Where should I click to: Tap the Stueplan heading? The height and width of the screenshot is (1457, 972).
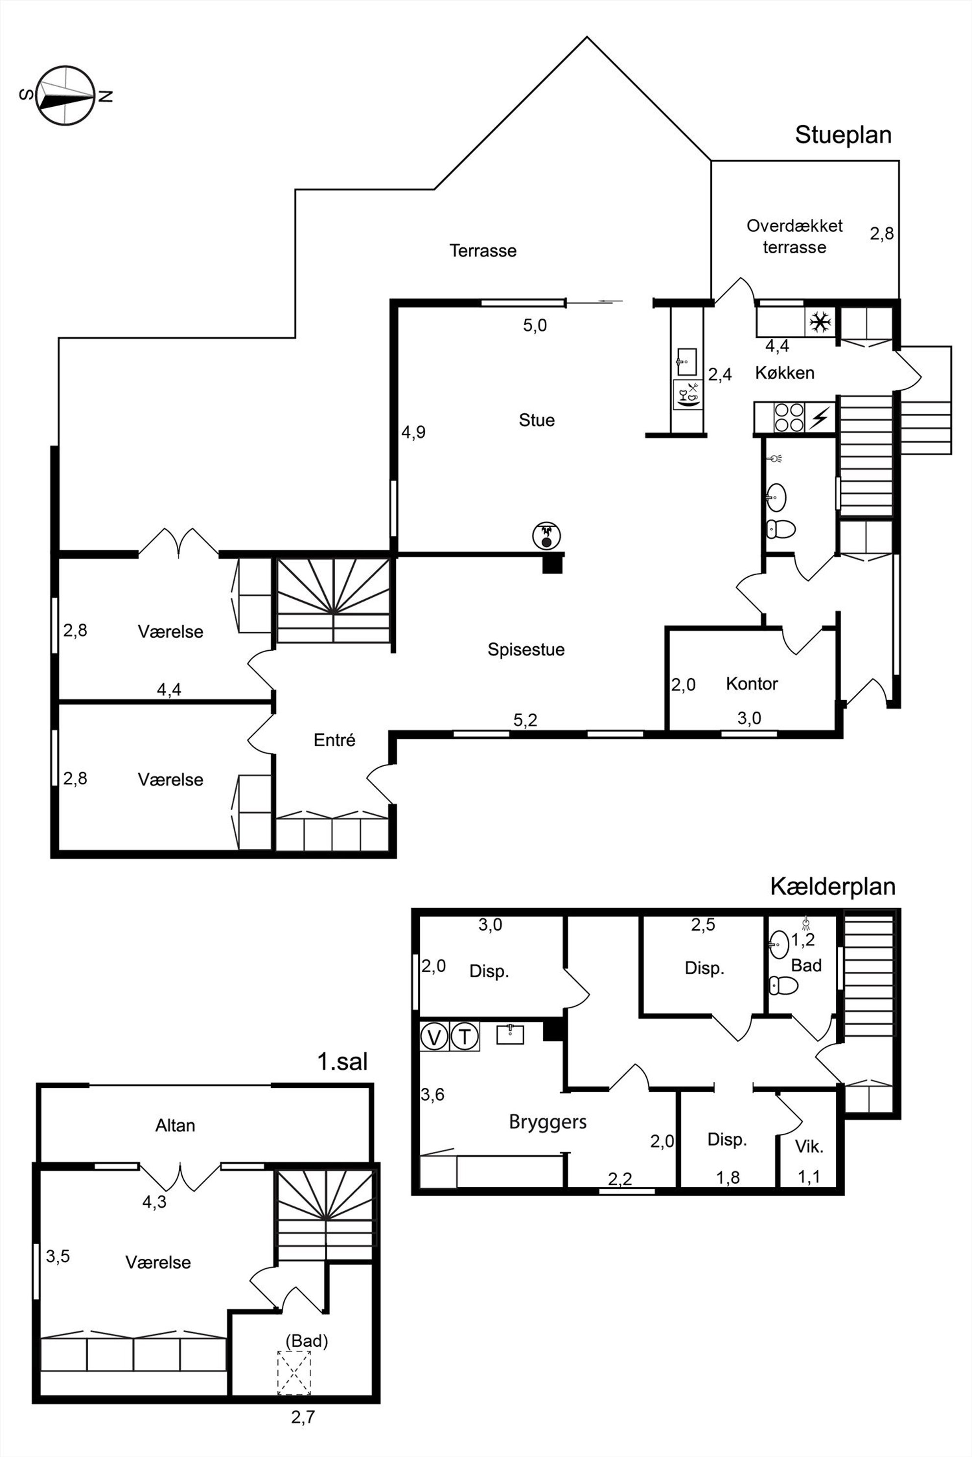843,135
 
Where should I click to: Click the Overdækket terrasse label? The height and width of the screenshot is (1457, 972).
794,236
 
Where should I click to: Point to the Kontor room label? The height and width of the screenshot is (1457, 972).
752,683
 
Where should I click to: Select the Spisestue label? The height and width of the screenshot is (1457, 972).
526,649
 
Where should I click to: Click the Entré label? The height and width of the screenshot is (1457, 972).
334,740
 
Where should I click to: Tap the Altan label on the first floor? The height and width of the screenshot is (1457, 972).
175,1125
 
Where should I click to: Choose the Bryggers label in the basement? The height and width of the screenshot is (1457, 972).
548,1122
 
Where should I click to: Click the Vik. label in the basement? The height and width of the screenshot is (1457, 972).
809,1147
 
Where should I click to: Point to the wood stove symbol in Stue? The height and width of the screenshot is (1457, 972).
546,535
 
